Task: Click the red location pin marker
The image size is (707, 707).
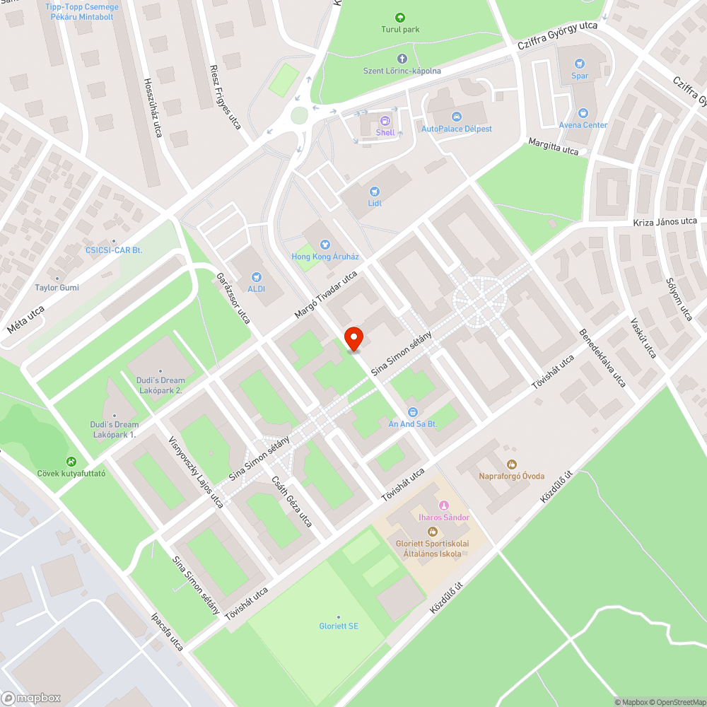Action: tap(353, 338)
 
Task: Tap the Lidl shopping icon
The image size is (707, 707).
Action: tap(375, 191)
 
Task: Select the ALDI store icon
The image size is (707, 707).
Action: tap(256, 276)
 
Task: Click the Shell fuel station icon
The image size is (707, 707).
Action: tap(385, 121)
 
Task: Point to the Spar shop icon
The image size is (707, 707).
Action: tap(580, 64)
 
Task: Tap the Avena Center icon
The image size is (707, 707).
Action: tap(583, 113)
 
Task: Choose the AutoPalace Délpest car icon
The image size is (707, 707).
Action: tap(456, 117)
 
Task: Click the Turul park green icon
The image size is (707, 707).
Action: tap(400, 18)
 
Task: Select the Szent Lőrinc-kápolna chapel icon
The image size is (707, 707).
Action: tap(402, 59)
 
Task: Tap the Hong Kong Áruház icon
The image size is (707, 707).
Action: tap(325, 245)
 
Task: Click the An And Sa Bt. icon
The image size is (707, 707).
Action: tap(413, 411)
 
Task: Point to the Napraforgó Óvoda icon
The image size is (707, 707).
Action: tap(511, 464)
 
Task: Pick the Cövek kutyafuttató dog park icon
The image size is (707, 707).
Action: tap(71, 461)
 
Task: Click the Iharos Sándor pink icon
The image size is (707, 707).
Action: tap(444, 506)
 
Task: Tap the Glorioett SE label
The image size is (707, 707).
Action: tap(339, 626)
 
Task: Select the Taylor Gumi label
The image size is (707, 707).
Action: tap(57, 288)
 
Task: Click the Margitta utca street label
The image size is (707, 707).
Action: tap(554, 146)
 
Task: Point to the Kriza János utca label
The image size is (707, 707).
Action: tap(665, 222)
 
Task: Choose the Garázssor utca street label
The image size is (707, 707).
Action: tap(233, 298)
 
